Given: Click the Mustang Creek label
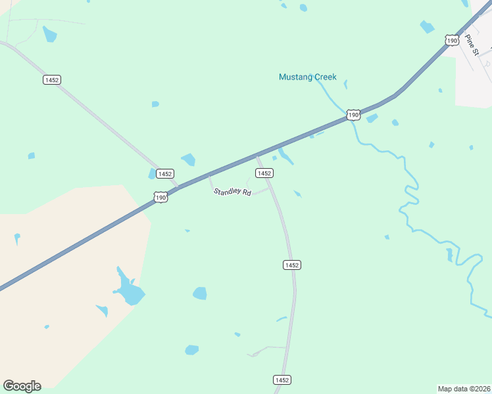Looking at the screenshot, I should click(307, 77).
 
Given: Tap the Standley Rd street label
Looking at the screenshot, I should click(232, 192).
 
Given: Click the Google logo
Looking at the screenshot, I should click(22, 386).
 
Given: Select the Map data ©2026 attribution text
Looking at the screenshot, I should click(464, 388).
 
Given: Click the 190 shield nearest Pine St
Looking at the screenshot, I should click(452, 41).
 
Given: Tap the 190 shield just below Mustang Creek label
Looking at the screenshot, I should click(353, 115).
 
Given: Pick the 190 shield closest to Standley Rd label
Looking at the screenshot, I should click(160, 197).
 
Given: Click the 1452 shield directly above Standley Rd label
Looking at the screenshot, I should click(264, 173).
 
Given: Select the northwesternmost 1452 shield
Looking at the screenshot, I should click(51, 79).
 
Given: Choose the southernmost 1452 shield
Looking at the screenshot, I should click(282, 380).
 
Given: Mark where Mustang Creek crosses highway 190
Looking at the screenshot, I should click(349, 120).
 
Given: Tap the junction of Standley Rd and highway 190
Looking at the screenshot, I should click(209, 175).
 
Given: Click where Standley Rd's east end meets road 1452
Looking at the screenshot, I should click(270, 188).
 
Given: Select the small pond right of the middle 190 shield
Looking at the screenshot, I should click(372, 118).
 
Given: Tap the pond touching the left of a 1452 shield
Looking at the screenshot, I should click(152, 173).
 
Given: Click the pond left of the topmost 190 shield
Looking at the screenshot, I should click(428, 27).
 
